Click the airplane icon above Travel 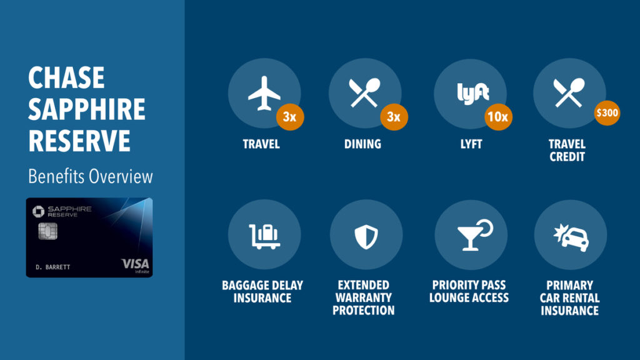point(264,95)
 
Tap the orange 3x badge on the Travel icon point(290,117)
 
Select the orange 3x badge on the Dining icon point(393,117)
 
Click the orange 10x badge point(498,117)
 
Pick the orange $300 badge point(606,113)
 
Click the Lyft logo point(472,94)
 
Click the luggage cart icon point(264,235)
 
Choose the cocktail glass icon point(473,234)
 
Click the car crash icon point(571,235)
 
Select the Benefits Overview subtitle point(90,176)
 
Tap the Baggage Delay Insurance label point(262,292)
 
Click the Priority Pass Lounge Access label point(469,292)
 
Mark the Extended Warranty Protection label point(363,297)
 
